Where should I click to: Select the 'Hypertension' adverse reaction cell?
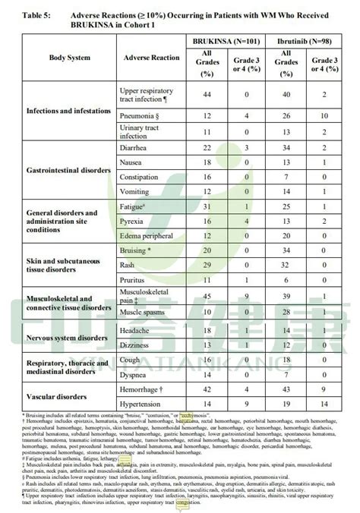[x=142, y=404]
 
